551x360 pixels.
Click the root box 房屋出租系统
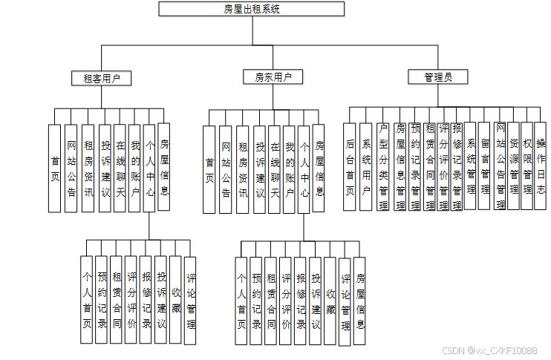252,9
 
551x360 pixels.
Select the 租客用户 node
102,77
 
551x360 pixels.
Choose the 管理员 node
438,77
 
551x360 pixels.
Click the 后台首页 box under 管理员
351,166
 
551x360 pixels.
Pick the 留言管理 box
485,166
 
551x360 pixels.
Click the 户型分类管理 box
382,168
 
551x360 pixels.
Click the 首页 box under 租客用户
55,168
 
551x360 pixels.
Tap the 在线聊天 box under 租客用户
120,168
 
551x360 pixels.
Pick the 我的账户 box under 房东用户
290,169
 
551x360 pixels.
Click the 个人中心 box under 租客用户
150,168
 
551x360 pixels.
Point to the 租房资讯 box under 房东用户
243,169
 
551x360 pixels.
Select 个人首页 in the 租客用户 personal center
88,300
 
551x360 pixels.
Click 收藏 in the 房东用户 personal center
330,301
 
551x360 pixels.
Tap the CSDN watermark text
489,350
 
